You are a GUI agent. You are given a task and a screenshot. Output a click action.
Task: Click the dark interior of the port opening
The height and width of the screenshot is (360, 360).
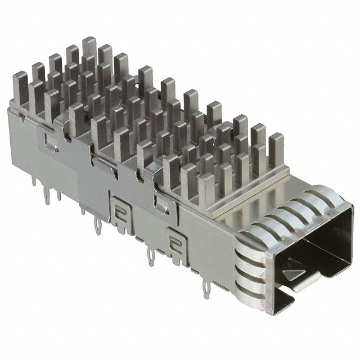click(315, 247)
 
